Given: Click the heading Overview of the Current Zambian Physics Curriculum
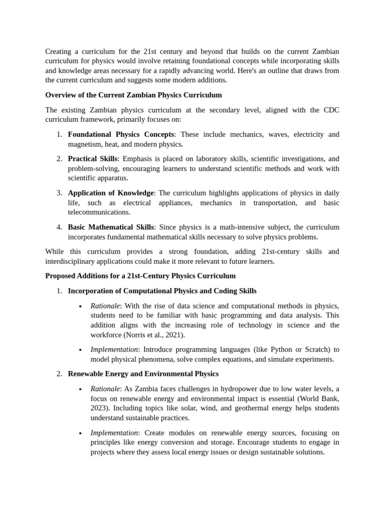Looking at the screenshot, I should coord(133,95).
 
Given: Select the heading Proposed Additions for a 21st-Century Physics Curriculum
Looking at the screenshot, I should coord(140,276).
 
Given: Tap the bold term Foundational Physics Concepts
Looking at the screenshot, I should coord(121,135).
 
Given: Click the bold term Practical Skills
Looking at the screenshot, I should coord(92,159).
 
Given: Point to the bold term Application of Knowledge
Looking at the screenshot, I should coord(111,193).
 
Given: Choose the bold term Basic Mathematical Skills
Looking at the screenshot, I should coord(111,227).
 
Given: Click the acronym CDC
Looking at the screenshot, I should coord(319,110).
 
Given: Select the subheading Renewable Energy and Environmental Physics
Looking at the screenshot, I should coord(143,374).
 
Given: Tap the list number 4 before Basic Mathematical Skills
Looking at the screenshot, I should coord(59,227).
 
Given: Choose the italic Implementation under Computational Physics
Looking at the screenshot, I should coord(114,350).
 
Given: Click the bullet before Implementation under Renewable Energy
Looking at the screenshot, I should coord(80,433).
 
